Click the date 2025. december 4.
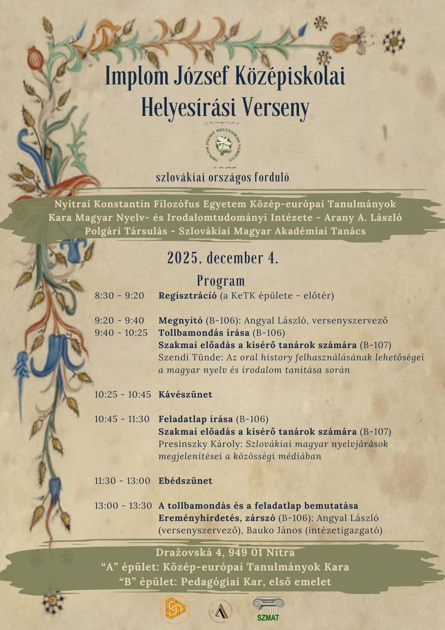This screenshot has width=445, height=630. (222, 258)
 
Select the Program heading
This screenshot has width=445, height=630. (221, 280)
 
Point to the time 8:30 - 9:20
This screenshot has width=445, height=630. (119, 296)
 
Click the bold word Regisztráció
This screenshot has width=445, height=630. (188, 296)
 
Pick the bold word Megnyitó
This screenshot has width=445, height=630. (181, 321)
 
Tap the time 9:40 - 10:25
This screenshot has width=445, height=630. (121, 333)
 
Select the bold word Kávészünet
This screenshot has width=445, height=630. (185, 394)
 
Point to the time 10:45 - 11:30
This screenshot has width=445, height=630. (122, 419)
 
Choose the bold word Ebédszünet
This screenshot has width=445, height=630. (185, 481)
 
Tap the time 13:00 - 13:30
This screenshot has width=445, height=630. (123, 506)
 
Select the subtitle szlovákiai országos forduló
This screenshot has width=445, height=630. (222, 178)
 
